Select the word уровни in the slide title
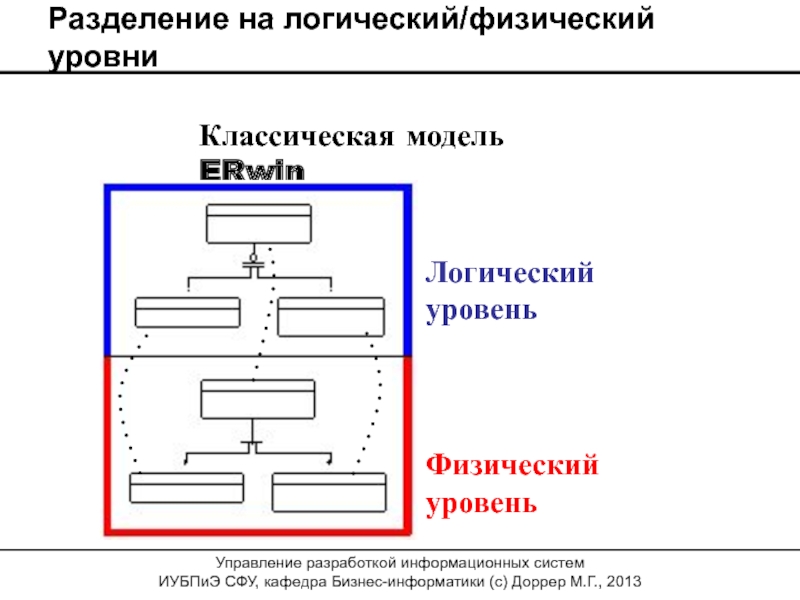coord(103,57)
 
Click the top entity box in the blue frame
coord(258,223)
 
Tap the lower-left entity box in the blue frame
coord(187,316)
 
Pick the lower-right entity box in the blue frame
coord(331,316)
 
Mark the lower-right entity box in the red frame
coord(329,488)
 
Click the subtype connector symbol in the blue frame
coord(254,262)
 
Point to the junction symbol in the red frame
coord(253,440)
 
